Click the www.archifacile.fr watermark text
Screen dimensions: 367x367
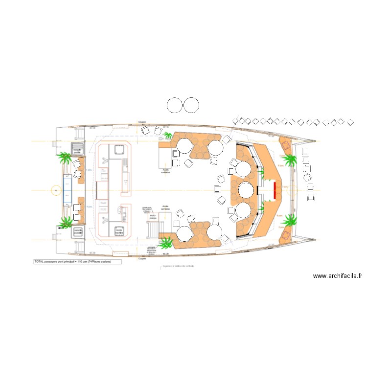point(337,276)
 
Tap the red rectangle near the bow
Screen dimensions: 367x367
point(275,190)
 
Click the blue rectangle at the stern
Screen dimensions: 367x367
point(67,190)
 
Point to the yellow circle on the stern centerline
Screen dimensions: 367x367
point(55,190)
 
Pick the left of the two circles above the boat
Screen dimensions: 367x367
point(175,105)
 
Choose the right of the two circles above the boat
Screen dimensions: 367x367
point(191,105)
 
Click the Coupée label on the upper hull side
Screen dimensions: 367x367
point(142,122)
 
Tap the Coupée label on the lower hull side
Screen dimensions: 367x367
point(142,258)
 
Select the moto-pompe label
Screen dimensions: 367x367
point(153,215)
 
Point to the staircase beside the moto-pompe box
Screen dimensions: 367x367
point(153,228)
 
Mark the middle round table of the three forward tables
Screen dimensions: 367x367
point(245,190)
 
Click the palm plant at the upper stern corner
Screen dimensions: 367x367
point(65,157)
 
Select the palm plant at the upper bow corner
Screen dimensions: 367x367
point(289,159)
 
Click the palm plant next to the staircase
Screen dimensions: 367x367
point(166,242)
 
